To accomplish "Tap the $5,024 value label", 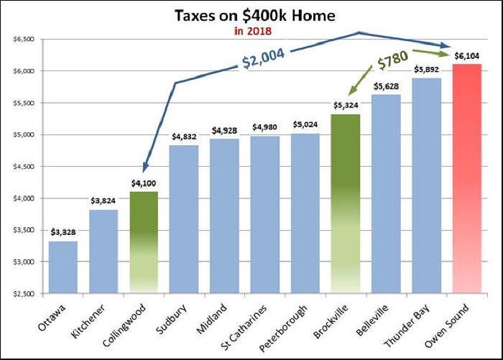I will (305, 125).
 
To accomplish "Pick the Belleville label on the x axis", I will (379, 319).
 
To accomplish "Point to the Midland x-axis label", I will (219, 317).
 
